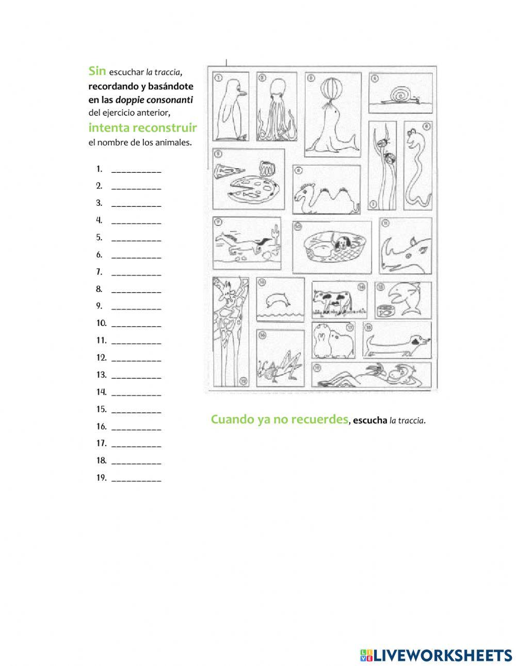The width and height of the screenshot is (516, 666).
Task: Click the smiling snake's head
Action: pos(414,139)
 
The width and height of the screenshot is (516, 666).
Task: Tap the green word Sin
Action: pos(97,71)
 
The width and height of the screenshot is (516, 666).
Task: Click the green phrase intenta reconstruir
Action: pos(142,127)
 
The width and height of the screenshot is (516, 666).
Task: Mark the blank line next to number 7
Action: pos(136,273)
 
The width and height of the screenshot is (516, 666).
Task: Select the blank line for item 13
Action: pos(136,376)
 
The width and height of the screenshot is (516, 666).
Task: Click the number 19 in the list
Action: pos(101,478)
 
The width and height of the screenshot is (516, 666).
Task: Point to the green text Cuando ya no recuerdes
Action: pos(279,419)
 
